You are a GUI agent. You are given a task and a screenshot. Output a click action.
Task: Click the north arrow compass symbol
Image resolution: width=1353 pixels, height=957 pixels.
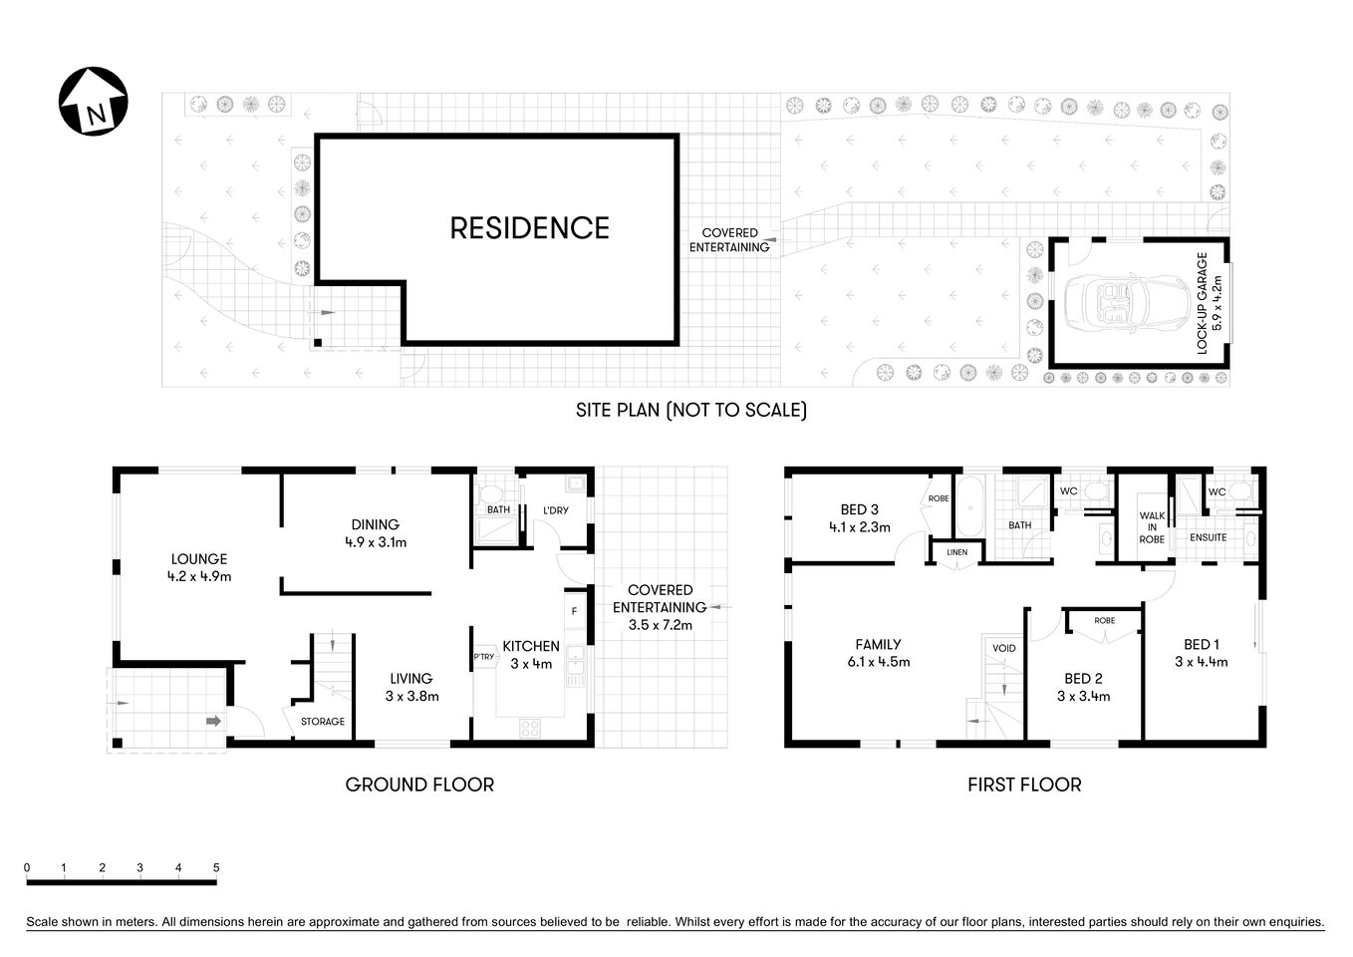(x=94, y=101)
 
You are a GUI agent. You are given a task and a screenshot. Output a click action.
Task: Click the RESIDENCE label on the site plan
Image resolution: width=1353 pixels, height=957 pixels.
(x=529, y=228)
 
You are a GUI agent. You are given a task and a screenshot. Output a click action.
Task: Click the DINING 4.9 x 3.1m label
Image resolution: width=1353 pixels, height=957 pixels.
(x=375, y=533)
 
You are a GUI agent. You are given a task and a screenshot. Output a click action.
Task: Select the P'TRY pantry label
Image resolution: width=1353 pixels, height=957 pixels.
(x=484, y=657)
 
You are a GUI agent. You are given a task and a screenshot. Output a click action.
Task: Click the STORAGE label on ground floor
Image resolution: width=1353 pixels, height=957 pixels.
(x=322, y=722)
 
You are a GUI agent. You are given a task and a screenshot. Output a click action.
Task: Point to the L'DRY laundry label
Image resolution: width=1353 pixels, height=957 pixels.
(x=555, y=510)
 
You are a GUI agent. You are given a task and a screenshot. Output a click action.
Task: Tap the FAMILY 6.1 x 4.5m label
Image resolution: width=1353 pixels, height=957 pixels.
(x=878, y=653)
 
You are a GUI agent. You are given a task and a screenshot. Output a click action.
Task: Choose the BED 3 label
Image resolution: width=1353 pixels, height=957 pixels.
(x=859, y=518)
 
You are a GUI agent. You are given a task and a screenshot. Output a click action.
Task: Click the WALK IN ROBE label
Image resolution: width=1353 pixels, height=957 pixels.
(x=1152, y=527)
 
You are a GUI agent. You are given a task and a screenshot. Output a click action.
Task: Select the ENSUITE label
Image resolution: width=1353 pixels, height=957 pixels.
(x=1209, y=537)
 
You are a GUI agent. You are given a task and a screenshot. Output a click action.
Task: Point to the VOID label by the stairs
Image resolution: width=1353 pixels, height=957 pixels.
(x=1003, y=648)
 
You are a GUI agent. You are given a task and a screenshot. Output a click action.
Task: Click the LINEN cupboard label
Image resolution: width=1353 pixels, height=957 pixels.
(x=956, y=552)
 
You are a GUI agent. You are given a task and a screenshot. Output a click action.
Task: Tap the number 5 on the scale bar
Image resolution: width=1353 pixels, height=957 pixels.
(x=216, y=868)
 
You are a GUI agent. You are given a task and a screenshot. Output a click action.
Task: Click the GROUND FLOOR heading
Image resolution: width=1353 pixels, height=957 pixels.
(x=419, y=785)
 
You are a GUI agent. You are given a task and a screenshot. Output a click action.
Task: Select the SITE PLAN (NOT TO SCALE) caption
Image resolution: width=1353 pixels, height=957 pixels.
(x=690, y=410)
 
